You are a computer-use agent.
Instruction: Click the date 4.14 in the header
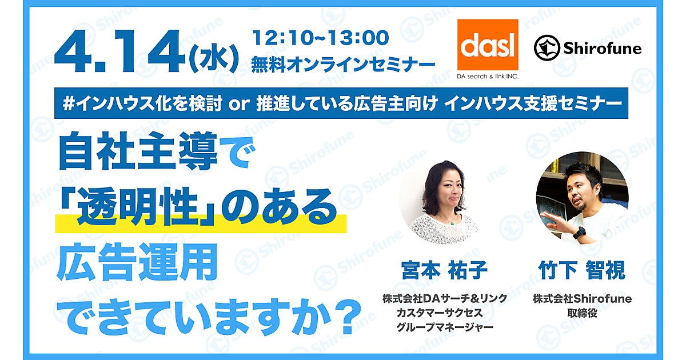119,51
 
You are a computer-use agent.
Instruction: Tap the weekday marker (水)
214,58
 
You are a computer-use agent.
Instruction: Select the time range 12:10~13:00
320,38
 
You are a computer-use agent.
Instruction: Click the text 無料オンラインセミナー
343,65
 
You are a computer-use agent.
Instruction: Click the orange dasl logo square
488,45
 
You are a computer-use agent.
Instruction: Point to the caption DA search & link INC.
488,76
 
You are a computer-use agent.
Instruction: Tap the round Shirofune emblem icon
547,48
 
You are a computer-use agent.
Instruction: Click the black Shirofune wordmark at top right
603,49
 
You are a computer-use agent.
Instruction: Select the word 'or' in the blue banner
239,105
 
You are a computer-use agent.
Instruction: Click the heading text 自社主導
138,151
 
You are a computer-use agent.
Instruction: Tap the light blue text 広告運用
137,262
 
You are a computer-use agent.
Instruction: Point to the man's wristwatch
579,233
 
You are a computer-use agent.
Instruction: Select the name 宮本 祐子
444,270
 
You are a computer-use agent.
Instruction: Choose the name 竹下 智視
582,270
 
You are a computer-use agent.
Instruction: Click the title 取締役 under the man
582,313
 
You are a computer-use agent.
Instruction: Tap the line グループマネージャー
445,327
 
